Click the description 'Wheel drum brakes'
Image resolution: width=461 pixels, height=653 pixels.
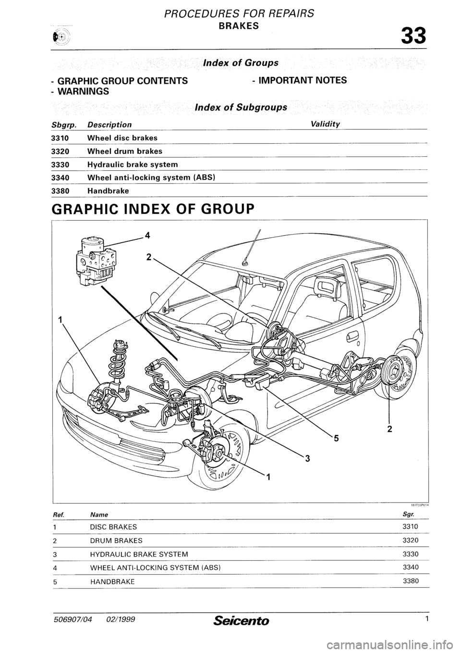[124, 151]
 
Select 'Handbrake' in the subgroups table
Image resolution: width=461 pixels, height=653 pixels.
[108, 191]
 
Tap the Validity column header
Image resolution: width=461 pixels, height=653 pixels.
[325, 124]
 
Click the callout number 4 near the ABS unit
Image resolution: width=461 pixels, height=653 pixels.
[148, 235]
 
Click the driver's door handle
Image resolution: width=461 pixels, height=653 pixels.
[352, 337]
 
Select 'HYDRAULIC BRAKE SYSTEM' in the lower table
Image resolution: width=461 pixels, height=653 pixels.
[139, 554]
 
